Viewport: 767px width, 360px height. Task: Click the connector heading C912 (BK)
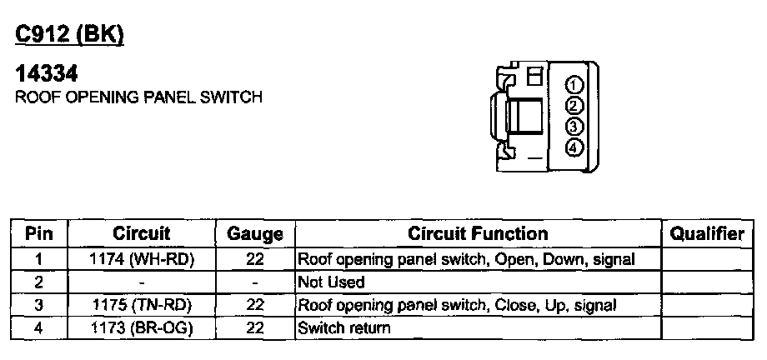(70, 35)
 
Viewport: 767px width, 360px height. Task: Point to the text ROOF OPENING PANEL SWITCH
(139, 97)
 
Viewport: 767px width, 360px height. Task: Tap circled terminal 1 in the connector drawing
(574, 86)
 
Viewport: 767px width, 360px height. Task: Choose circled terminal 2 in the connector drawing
(574, 107)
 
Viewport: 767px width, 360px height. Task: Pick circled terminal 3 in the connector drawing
(574, 127)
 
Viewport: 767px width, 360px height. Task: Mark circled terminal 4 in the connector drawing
(574, 148)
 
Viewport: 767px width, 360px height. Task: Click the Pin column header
(39, 234)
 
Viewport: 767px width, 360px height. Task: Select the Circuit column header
(141, 234)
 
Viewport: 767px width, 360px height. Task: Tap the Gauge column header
(254, 235)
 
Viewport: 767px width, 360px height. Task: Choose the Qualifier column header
(707, 234)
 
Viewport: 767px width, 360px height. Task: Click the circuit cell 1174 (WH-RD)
(141, 259)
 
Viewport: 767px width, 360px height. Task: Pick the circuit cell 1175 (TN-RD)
(141, 305)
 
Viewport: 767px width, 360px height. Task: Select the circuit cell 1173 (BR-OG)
(141, 327)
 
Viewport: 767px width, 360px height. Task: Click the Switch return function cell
(343, 327)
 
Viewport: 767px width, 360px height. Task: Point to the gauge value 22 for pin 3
(255, 305)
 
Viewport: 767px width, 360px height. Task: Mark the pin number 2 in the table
(39, 282)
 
